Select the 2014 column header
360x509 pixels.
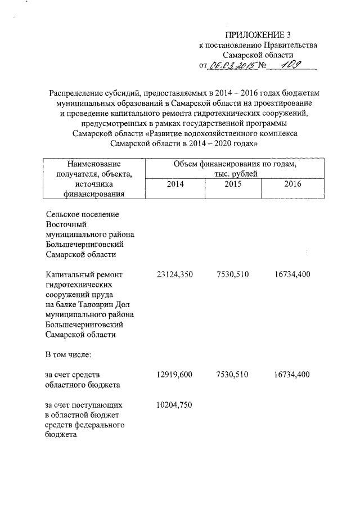[175, 184]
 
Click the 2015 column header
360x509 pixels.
[233, 184]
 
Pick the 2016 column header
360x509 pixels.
[292, 184]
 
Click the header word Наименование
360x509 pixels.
[94, 164]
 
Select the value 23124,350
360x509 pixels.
[175, 274]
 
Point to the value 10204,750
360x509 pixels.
[175, 405]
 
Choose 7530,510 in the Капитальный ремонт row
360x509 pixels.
[232, 274]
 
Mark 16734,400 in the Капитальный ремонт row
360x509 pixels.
[292, 274]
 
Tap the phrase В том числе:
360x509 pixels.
[68, 355]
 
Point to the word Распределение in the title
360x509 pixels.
[76, 92]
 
